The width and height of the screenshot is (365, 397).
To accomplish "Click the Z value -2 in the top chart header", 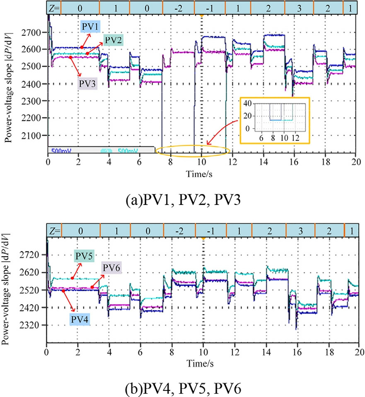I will (179, 7).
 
